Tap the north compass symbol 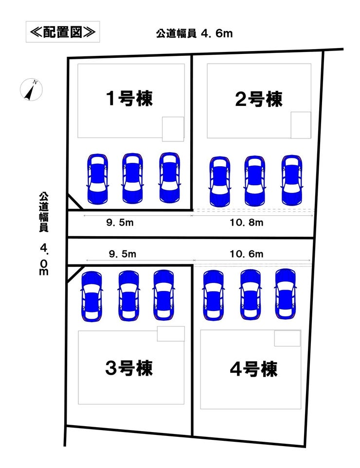pos(31,89)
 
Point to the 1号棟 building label pos(129,99)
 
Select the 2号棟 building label pos(258,100)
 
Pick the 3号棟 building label pos(129,368)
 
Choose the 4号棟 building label pos(253,369)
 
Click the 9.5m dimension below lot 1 pos(120,223)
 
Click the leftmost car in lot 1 pos(97,178)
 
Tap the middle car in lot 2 pos(254,181)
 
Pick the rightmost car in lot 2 pos(291,180)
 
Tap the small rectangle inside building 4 pos(287,338)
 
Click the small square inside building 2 pos(301,125)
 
